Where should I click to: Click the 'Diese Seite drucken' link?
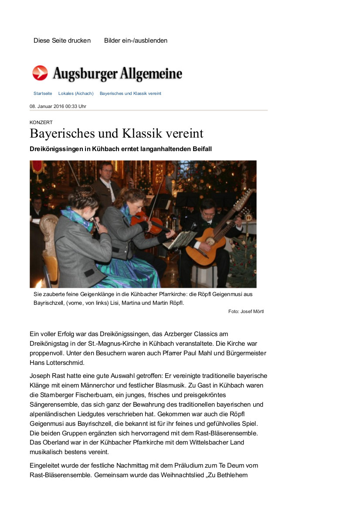[x=62, y=40]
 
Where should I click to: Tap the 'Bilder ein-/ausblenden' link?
[x=136, y=40]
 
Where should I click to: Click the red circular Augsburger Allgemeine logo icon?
[x=40, y=73]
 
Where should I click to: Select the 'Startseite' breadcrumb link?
[x=43, y=94]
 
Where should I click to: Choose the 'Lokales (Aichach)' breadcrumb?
[x=76, y=94]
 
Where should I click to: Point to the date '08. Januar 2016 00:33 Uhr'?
[x=58, y=106]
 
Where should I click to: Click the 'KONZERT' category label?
[x=41, y=123]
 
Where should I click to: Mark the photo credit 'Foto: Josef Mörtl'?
[x=246, y=311]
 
